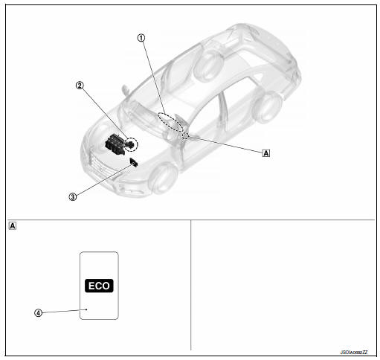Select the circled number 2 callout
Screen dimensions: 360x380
pyautogui.click(x=79, y=85)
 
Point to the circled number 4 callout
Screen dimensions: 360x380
pyautogui.click(x=38, y=312)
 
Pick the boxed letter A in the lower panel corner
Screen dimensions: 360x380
pyautogui.click(x=13, y=226)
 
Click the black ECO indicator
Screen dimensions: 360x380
pyautogui.click(x=99, y=285)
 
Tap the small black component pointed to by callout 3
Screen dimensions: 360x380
pyautogui.click(x=133, y=161)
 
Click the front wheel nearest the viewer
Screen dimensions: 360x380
pyautogui.click(x=162, y=178)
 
